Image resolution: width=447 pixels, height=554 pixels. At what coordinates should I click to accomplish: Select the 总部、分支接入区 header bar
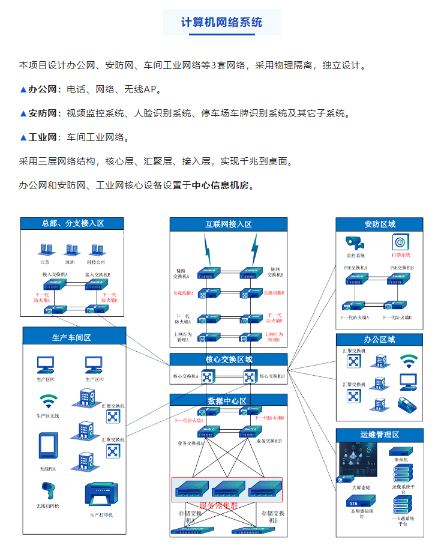[73, 223]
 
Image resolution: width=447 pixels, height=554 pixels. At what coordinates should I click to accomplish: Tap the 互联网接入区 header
[228, 224]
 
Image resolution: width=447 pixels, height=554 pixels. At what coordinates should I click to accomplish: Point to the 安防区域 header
[380, 224]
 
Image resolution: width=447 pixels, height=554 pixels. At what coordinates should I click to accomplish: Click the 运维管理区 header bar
[380, 435]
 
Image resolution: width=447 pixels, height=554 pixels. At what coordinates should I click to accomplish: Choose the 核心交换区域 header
[229, 360]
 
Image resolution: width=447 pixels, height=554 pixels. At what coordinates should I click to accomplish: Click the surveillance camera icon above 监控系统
[355, 243]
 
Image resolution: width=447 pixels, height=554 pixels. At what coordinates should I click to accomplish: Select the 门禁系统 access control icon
[400, 242]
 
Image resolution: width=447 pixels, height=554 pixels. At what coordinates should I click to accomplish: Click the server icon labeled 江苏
[45, 250]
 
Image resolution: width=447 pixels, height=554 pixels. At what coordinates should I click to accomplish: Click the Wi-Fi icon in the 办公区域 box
[409, 360]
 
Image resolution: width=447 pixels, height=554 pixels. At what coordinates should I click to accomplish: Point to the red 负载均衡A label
[183, 294]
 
